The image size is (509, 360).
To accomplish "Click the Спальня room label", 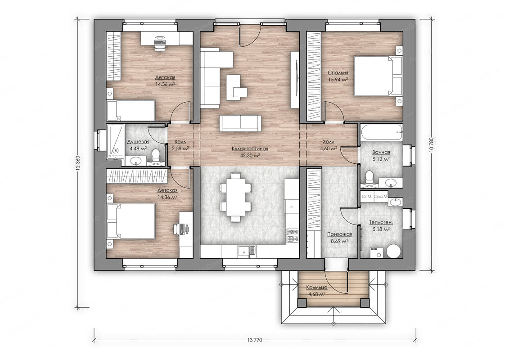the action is pos(338,73).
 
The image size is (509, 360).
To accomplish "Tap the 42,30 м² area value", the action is pos(250,155).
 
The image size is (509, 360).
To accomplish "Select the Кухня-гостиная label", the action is pos(250,148).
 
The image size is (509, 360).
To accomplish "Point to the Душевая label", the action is pos(138,142).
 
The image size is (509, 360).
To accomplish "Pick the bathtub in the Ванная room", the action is pos(382,132).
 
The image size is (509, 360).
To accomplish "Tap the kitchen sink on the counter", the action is pos(247,251).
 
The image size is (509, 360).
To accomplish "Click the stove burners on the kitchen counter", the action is pos(292,236).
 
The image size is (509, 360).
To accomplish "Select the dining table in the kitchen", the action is pos(236,198).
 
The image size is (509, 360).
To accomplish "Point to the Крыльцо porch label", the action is pos(316,287).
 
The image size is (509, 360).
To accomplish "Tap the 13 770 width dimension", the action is pos(255,340).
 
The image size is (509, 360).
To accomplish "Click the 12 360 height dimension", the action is pos(77,162).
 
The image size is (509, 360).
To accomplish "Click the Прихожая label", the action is pos(339,234).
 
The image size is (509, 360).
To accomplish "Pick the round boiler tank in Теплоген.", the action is pos(394,251).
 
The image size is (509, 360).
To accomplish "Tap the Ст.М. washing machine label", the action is pos(367,197).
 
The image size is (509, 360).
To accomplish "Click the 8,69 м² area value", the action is pos(339,241).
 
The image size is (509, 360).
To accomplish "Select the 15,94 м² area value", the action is pos(338,79).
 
